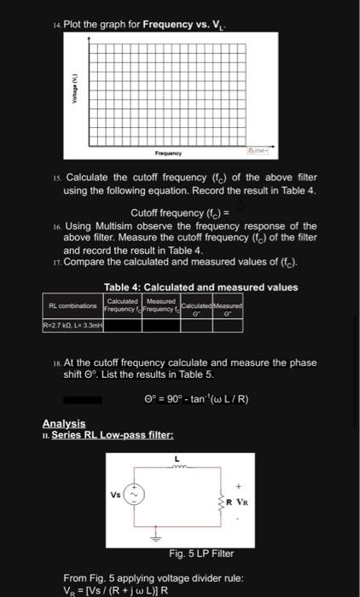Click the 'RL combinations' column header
(x=71, y=304)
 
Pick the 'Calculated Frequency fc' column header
(x=121, y=304)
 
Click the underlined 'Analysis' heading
(x=64, y=424)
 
